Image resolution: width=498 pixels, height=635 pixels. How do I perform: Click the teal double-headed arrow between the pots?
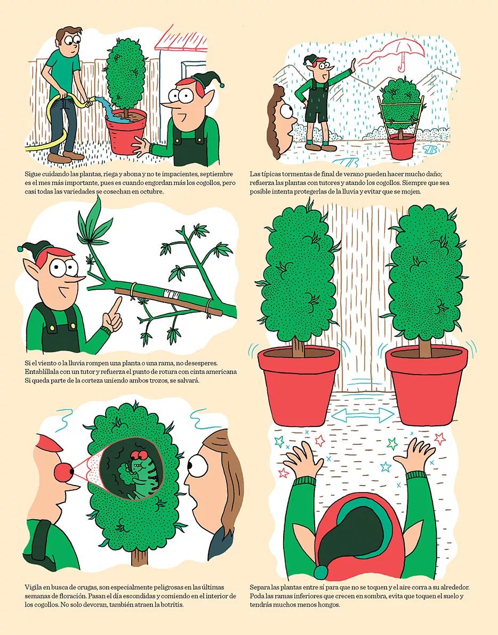point(363,415)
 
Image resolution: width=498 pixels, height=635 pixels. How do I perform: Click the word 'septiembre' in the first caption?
point(219,174)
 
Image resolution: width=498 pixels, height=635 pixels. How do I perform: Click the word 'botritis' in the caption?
point(172,605)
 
